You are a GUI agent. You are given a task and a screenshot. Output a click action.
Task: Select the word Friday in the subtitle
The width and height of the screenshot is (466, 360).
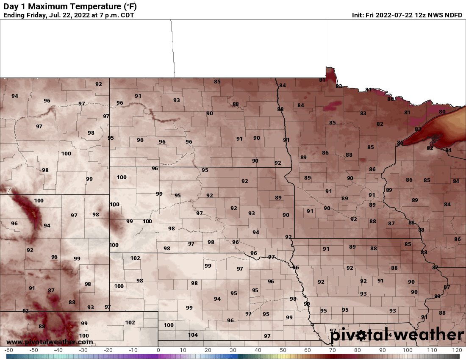click(39, 15)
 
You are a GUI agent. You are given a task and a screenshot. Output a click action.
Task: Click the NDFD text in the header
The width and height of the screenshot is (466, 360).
click(453, 15)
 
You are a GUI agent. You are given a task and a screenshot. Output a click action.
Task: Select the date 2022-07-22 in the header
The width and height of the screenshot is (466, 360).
click(395, 15)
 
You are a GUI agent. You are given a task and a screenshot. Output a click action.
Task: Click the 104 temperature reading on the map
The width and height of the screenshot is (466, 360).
click(193, 335)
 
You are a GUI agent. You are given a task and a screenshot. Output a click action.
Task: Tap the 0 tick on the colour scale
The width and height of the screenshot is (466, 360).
click(158, 350)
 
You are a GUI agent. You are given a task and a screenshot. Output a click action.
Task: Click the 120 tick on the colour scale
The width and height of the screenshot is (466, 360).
click(457, 350)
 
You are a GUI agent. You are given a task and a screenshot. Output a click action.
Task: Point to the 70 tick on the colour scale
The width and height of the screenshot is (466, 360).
click(333, 350)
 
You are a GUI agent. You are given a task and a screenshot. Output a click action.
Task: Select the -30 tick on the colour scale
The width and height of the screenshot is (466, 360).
click(83, 350)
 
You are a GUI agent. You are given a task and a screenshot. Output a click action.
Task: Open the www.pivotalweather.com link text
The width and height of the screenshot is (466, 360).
click(50, 342)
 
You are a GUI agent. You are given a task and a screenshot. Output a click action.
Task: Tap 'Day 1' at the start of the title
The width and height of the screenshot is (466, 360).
click(13, 7)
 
